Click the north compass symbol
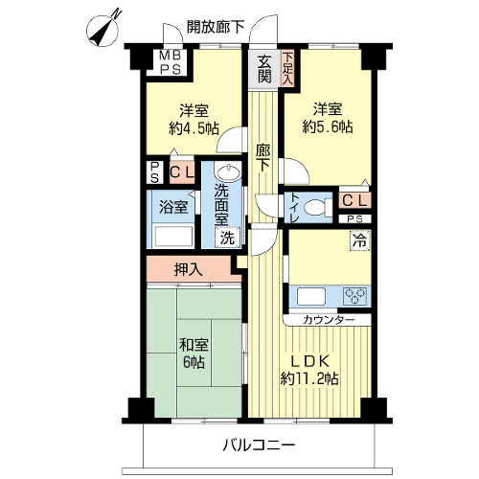(x=103, y=30)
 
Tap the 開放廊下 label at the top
(x=216, y=28)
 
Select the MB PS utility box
(x=170, y=62)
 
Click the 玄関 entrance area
(x=264, y=69)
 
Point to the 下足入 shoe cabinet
(x=287, y=69)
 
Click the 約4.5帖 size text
(x=194, y=128)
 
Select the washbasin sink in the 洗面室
(x=227, y=172)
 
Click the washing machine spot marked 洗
(x=227, y=238)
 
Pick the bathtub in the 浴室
(x=173, y=237)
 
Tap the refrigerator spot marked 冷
(x=360, y=240)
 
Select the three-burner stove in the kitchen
(x=354, y=296)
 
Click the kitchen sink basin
(x=311, y=296)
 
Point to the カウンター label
(x=329, y=320)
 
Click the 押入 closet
(x=189, y=270)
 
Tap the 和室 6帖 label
(x=194, y=354)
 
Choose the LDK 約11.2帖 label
(x=309, y=371)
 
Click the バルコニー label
(x=259, y=445)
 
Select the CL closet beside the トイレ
(x=354, y=201)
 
